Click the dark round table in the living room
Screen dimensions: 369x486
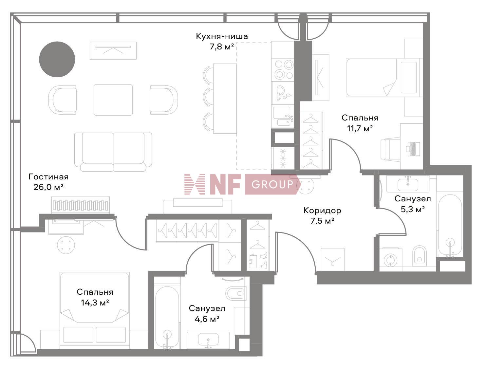(x=57, y=59)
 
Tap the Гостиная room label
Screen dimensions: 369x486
(x=48, y=177)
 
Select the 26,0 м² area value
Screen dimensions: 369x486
(x=48, y=187)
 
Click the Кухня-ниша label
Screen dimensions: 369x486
(x=222, y=36)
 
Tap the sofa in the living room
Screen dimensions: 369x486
(x=113, y=152)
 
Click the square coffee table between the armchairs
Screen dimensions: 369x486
(x=113, y=100)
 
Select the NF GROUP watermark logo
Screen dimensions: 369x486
(x=241, y=184)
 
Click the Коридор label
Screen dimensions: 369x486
(x=322, y=210)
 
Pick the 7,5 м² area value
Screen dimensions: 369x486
(x=322, y=221)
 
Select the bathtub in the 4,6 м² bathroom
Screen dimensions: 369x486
(x=167, y=316)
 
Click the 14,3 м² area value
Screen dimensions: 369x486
(x=95, y=303)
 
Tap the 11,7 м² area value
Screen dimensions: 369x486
(x=360, y=128)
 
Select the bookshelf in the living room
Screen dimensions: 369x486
(x=81, y=205)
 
